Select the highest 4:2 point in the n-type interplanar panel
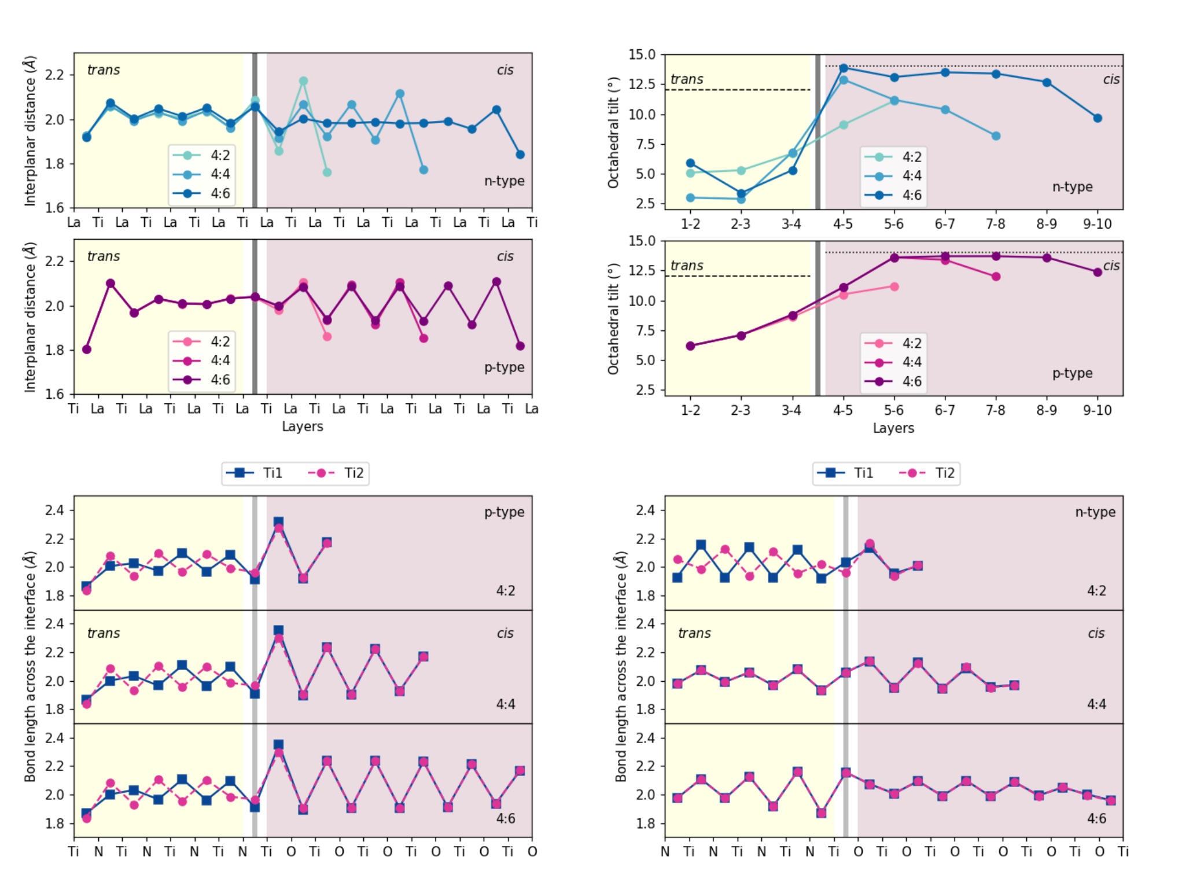303,81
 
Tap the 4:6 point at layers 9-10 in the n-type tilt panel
1098,118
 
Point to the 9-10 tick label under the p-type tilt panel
1098,410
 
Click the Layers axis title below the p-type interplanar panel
302,427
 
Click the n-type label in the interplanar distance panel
504,181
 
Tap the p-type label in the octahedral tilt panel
1072,373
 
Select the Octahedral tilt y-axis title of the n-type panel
613,133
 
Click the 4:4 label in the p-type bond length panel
505,704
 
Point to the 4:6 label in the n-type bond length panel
1096,818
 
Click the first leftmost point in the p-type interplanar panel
87,349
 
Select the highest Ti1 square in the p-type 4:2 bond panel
278,522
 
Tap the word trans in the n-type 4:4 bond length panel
694,633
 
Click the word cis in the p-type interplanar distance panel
505,256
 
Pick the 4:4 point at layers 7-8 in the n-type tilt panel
996,136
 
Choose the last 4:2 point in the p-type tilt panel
894,286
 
